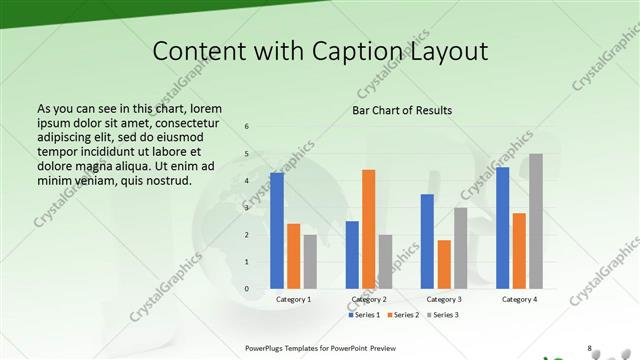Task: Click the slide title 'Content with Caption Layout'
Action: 319,51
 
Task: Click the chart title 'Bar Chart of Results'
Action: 401,110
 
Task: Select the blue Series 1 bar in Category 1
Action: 277,231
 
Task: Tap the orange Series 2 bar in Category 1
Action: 293,256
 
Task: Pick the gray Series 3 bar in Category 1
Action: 310,262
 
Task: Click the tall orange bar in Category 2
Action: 368,229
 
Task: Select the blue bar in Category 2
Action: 352,255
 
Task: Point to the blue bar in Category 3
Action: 427,241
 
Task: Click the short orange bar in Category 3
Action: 444,264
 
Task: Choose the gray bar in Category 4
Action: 535,221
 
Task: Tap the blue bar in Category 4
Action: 502,228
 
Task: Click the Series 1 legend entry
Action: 365,315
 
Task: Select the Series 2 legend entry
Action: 402,315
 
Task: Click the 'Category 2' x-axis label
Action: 369,299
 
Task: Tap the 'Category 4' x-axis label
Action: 519,299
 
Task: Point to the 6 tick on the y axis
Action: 247,127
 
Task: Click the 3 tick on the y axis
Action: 247,208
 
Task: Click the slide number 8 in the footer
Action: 589,348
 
